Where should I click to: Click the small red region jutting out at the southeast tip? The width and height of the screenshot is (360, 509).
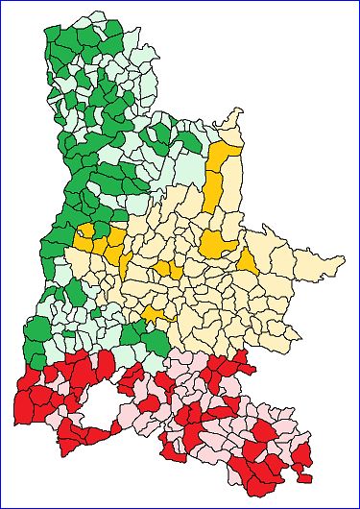tap(305, 477)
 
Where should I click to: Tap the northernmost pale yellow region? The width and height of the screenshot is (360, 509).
tap(230, 123)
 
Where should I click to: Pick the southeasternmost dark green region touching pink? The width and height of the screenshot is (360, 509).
tap(156, 341)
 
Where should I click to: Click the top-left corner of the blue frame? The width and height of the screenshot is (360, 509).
tap(2, 2)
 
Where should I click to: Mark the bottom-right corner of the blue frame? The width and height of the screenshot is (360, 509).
tap(357, 506)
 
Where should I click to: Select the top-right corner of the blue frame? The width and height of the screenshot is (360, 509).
tap(357, 2)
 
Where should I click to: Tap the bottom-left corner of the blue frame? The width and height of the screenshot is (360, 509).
tap(2, 506)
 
